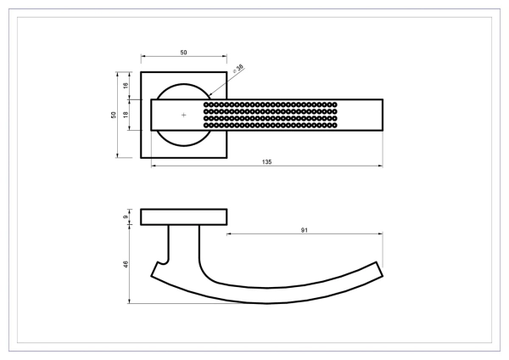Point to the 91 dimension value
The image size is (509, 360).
pos(305,230)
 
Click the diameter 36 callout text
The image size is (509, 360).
pos(238,68)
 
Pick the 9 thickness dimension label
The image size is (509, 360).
pos(126,217)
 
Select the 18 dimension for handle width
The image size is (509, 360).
pos(126,115)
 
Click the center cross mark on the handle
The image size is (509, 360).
pos(184,115)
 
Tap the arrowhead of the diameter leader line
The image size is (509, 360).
pos(210,94)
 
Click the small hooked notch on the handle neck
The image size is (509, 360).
pos(163,262)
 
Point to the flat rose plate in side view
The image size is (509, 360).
pos(184,217)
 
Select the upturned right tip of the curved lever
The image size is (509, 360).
pos(380,269)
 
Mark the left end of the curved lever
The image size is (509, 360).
pos(154,270)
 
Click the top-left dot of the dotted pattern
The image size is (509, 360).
pos(206,104)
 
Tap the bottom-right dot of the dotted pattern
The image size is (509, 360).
pos(335,125)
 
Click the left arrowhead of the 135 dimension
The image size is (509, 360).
pos(154,166)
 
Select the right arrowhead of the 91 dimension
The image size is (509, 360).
pos(380,233)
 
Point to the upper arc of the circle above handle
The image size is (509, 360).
pos(184,84)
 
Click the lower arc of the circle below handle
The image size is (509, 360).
pos(184,145)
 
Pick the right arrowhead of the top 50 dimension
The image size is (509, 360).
pos(225,56)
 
